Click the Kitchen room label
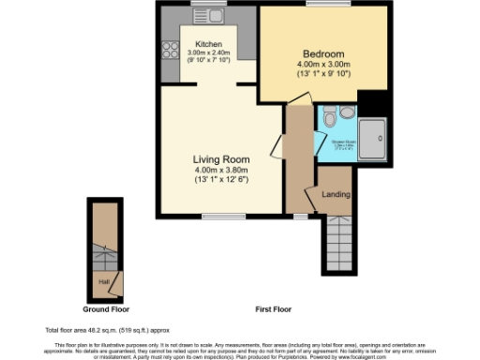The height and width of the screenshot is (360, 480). click(x=208, y=44)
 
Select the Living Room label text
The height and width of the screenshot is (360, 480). click(x=220, y=159)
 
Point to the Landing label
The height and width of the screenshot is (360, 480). click(x=336, y=194)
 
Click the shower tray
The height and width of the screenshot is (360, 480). click(x=375, y=139)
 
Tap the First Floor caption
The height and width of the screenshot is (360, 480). click(x=275, y=308)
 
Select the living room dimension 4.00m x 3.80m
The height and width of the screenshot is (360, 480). click(x=220, y=170)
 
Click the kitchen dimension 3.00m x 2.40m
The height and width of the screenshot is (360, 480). click(x=208, y=54)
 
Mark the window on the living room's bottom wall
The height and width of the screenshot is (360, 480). click(x=217, y=217)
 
